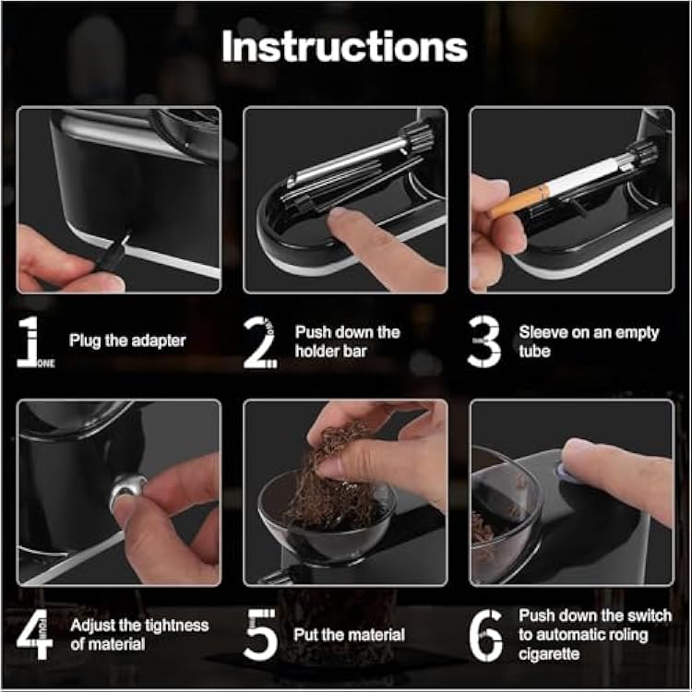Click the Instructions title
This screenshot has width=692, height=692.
tap(345, 47)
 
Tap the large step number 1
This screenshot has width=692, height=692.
tap(30, 341)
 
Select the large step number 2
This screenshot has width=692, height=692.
tap(259, 342)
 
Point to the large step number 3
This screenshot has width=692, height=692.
tap(483, 341)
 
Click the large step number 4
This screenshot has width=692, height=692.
tap(34, 634)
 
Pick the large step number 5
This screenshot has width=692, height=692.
tap(260, 635)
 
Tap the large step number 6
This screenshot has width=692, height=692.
tap(485, 635)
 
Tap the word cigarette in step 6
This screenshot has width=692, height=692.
tap(549, 653)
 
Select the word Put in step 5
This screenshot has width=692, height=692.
tap(305, 635)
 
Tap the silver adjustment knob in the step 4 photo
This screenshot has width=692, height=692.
tap(128, 490)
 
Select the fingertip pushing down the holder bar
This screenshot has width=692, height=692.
tap(342, 220)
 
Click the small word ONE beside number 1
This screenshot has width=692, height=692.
tap(46, 364)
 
